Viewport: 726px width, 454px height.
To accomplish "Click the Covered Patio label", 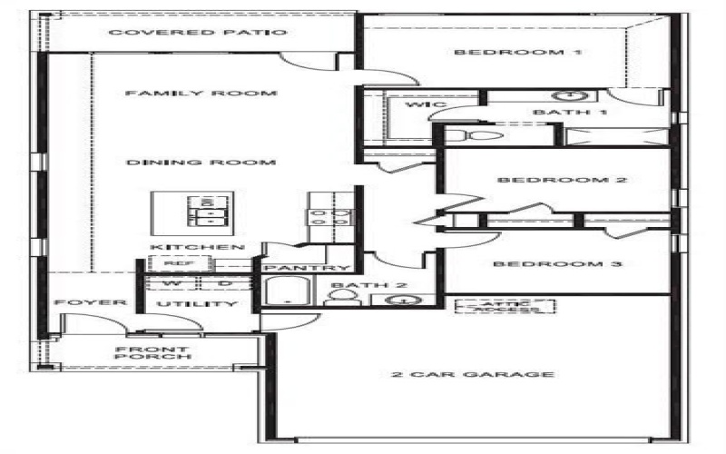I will pos(198,33).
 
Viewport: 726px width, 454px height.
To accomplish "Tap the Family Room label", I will pos(201,93).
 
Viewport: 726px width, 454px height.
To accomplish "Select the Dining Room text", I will pos(201,163).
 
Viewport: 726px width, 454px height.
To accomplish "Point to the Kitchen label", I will pos(197,247).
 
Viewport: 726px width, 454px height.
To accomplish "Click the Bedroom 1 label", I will pos(517,52).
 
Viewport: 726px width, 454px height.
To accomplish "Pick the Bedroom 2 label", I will pos(562,180).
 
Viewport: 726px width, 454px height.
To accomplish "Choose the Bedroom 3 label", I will pos(549,264).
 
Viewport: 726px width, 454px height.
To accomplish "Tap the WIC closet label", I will pos(426,106).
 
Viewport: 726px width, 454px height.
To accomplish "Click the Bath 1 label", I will pos(557,113).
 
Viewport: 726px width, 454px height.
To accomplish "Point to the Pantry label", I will pos(307,268).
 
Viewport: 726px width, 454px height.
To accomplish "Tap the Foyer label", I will pos(76,302).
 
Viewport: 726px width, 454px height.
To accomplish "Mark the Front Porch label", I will pos(152,353).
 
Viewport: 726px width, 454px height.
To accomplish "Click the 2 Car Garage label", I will pos(472,374).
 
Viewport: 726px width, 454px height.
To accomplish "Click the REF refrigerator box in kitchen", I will pos(174,263).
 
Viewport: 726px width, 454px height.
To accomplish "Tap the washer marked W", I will pos(166,283).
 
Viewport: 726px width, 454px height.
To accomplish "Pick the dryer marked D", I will pos(225,283).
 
